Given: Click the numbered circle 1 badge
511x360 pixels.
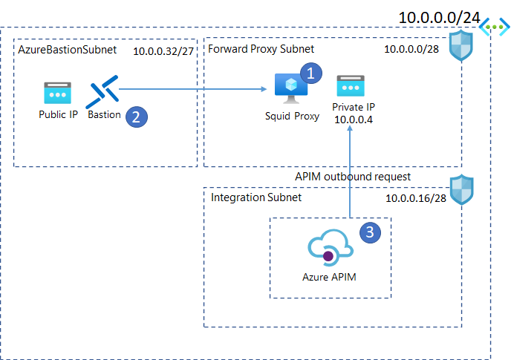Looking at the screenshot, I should (311, 73).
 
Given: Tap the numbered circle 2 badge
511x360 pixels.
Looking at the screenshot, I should (135, 117).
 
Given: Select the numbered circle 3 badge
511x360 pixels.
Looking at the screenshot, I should (371, 232).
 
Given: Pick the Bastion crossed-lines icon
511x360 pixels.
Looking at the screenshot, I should (102, 94).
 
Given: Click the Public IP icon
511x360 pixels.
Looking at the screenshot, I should (56, 94).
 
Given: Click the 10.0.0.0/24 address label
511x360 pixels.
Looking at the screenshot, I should (437, 16).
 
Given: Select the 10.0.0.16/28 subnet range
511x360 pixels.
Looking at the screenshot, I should (415, 199).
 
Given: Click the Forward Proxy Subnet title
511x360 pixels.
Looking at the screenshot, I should (261, 49).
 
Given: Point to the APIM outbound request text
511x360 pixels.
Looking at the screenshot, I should (352, 177).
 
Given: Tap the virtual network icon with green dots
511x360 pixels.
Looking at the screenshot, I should (495, 27).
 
